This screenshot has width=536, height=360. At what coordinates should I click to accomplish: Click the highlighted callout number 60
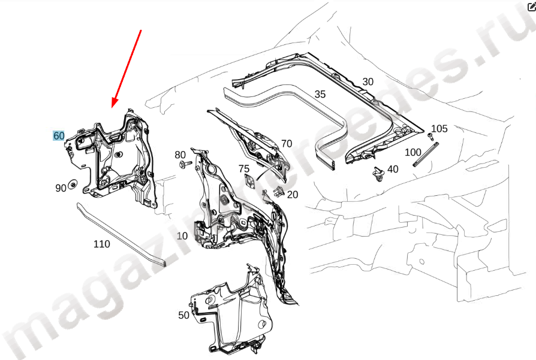tap(59, 135)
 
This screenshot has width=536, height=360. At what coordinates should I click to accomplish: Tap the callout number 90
tap(61, 188)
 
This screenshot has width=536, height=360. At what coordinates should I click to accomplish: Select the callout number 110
tap(102, 244)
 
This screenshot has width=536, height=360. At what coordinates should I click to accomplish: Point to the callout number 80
tap(180, 155)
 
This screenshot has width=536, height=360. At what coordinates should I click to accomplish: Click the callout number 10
tap(182, 235)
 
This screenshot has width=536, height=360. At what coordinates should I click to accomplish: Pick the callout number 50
tap(184, 315)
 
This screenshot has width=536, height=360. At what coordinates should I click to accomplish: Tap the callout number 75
tap(244, 169)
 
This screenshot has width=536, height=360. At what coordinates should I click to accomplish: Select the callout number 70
tap(287, 143)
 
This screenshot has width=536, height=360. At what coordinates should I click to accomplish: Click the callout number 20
tap(293, 194)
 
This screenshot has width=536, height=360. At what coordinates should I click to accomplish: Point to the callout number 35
tap(320, 94)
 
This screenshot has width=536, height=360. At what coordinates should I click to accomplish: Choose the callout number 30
tap(368, 81)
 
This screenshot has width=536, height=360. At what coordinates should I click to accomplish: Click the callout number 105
tap(439, 128)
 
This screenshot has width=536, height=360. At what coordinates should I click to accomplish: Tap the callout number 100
tap(413, 152)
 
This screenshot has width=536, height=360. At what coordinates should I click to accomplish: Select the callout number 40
tap(393, 169)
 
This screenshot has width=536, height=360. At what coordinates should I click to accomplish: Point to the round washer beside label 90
tap(73, 184)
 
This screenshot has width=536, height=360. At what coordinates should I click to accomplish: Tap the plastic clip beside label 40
tap(378, 174)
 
